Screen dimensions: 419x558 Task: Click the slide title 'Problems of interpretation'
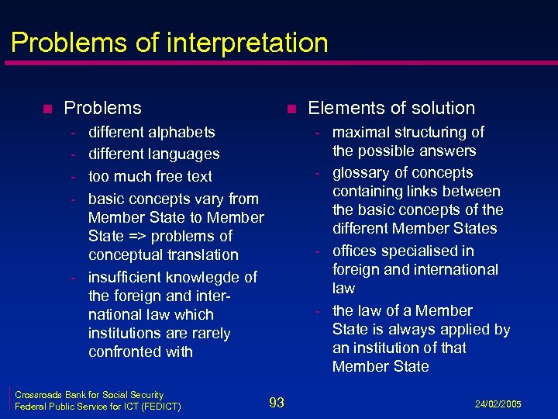(170, 42)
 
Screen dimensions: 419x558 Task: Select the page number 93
(277, 402)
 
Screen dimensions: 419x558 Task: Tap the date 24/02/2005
(499, 403)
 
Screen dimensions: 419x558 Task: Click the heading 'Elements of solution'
(391, 108)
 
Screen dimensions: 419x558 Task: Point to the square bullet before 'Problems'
(47, 109)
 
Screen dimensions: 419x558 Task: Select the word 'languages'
(186, 154)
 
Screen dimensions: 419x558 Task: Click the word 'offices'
(356, 251)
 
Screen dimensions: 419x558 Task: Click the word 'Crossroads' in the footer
(40, 395)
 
